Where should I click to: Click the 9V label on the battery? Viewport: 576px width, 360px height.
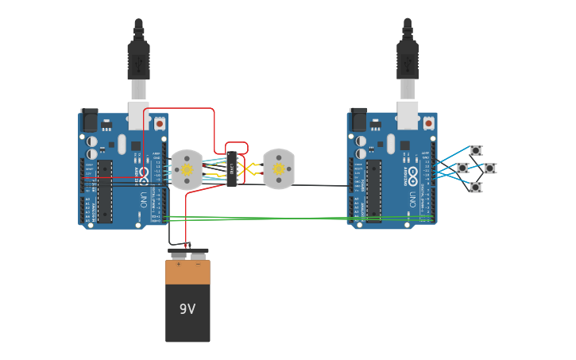[x=187, y=309]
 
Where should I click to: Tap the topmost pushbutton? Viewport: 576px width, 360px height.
[x=475, y=150]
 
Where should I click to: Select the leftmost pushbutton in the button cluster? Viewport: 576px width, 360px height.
[x=462, y=168]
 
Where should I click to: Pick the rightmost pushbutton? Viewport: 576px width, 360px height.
[x=489, y=168]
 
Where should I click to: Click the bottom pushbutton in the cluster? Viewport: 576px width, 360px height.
[x=475, y=188]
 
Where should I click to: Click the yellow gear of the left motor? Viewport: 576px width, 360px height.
[x=187, y=169]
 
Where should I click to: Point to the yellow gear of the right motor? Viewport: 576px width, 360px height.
[x=279, y=168]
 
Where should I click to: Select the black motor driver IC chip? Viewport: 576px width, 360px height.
[x=233, y=168]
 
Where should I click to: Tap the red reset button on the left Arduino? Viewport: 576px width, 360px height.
[x=159, y=124]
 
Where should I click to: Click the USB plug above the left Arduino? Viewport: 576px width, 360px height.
[x=138, y=60]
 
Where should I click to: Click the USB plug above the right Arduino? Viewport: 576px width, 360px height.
[x=408, y=60]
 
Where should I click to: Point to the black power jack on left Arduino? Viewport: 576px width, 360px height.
[x=89, y=120]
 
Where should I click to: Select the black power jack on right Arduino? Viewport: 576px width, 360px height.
[x=358, y=120]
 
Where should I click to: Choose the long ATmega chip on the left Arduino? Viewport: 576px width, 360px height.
[x=104, y=191]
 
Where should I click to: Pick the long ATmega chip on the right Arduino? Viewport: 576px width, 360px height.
[x=373, y=191]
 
